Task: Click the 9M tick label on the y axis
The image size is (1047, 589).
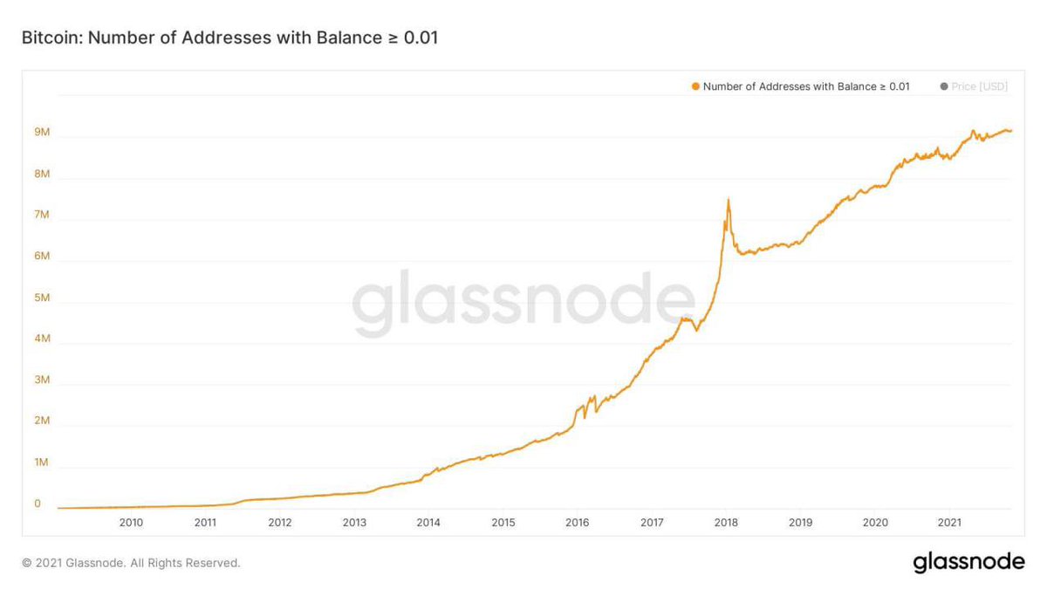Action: point(42,132)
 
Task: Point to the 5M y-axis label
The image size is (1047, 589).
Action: point(42,298)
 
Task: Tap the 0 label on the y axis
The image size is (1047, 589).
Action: point(38,503)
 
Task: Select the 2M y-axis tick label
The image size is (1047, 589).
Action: point(42,421)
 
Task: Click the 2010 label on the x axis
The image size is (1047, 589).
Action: point(131,522)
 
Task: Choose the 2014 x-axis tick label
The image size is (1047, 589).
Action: point(428,522)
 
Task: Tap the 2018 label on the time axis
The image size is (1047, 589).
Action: point(726,522)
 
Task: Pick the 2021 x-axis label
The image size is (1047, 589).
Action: point(949,522)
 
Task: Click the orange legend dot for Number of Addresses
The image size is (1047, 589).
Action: point(695,86)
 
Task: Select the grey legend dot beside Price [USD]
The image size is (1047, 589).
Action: point(944,86)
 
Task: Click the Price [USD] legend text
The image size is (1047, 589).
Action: point(979,86)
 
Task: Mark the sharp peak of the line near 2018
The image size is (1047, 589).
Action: point(729,200)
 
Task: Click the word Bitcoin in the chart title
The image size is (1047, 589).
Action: point(51,38)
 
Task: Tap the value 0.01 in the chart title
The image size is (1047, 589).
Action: point(421,38)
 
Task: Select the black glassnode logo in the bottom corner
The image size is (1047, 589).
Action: point(969,562)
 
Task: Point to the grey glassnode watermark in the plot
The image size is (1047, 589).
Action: point(523,302)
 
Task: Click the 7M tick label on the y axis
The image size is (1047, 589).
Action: point(42,215)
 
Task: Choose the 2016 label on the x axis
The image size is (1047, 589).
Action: point(578,522)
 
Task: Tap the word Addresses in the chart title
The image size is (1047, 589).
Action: point(226,38)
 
